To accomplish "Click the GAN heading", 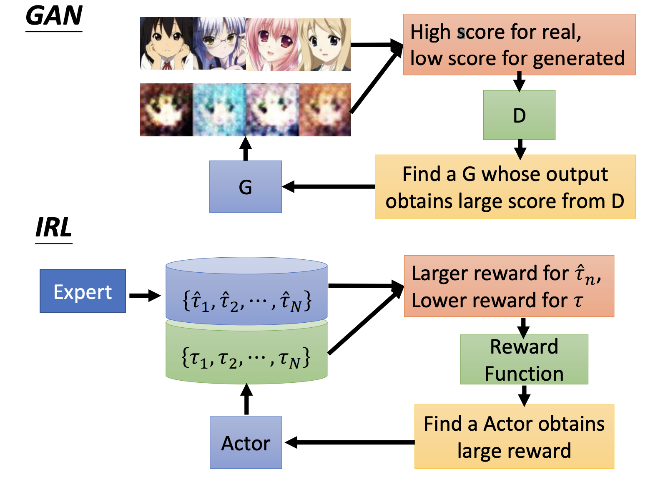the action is [x=54, y=16].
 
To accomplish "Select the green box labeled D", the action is [x=519, y=115].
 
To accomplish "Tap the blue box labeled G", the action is [x=246, y=187].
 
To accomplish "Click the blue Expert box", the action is [x=83, y=291].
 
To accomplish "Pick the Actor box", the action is [x=246, y=442].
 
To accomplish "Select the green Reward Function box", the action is [x=524, y=359].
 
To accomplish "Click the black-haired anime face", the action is [x=166, y=43].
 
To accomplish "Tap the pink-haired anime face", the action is [x=272, y=45].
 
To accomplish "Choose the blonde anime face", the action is [x=324, y=45].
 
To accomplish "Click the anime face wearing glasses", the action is [x=219, y=43].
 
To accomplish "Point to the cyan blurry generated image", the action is [x=219, y=110].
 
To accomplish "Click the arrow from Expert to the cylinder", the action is [x=145, y=296].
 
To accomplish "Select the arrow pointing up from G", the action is [x=246, y=148].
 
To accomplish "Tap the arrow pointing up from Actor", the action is [x=246, y=399].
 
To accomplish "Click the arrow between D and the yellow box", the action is [x=520, y=149].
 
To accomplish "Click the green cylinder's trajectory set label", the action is [x=246, y=358].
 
